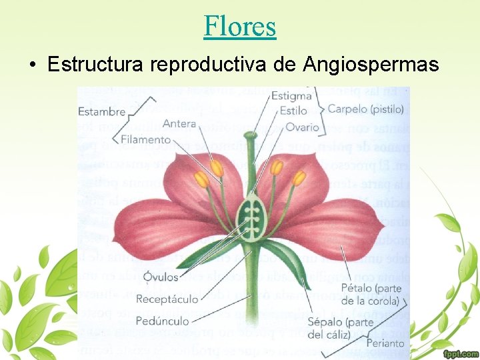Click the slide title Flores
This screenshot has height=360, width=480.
(240, 26)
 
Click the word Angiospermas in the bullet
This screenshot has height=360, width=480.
(371, 65)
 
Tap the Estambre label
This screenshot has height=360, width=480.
(102, 111)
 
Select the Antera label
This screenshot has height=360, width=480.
(179, 123)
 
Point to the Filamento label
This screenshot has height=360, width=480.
(146, 140)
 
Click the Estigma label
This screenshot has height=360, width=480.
(291, 97)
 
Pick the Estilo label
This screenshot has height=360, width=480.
(293, 111)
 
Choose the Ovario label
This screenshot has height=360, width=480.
(302, 127)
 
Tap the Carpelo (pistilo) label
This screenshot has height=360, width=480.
(369, 108)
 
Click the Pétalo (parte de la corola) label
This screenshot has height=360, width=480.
(369, 295)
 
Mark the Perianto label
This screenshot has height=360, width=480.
(385, 343)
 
